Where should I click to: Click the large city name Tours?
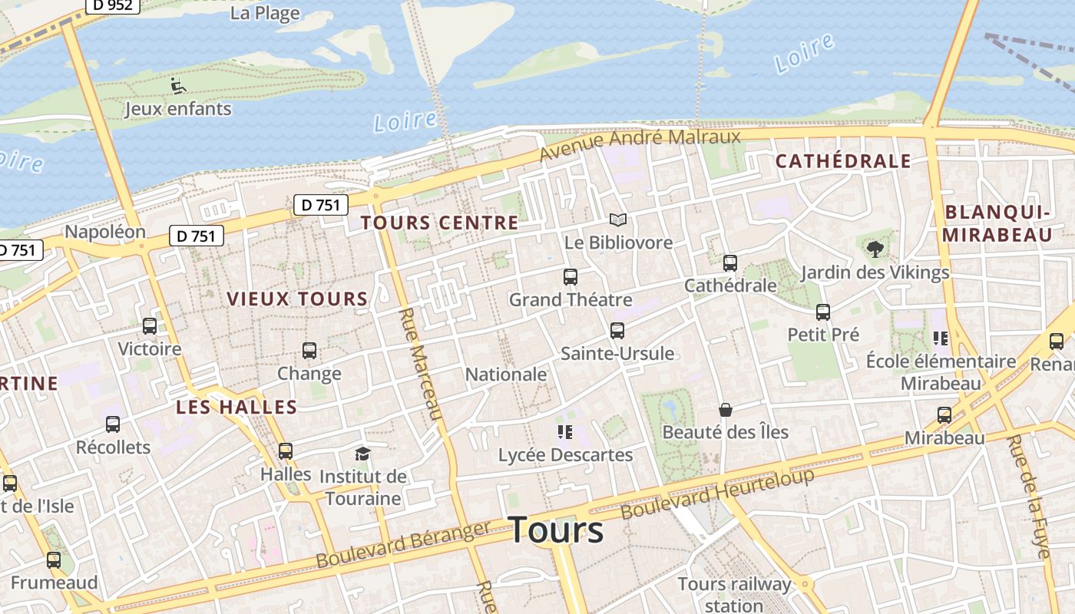556,530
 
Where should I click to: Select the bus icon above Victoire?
150,326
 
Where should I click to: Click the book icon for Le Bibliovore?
617,220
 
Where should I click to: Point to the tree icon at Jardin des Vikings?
875,249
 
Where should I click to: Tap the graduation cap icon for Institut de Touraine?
362,454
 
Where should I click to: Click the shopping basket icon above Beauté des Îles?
725,410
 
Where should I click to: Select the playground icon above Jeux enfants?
178,85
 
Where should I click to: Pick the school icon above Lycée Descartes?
565,432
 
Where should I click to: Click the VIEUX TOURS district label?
297,299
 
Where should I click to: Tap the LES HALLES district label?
237,407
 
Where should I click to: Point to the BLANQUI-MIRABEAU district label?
997,223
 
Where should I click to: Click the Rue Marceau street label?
421,364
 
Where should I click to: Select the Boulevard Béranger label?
402,546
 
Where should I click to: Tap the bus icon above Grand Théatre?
571,277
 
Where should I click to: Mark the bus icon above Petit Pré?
823,312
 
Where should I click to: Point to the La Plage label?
265,13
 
